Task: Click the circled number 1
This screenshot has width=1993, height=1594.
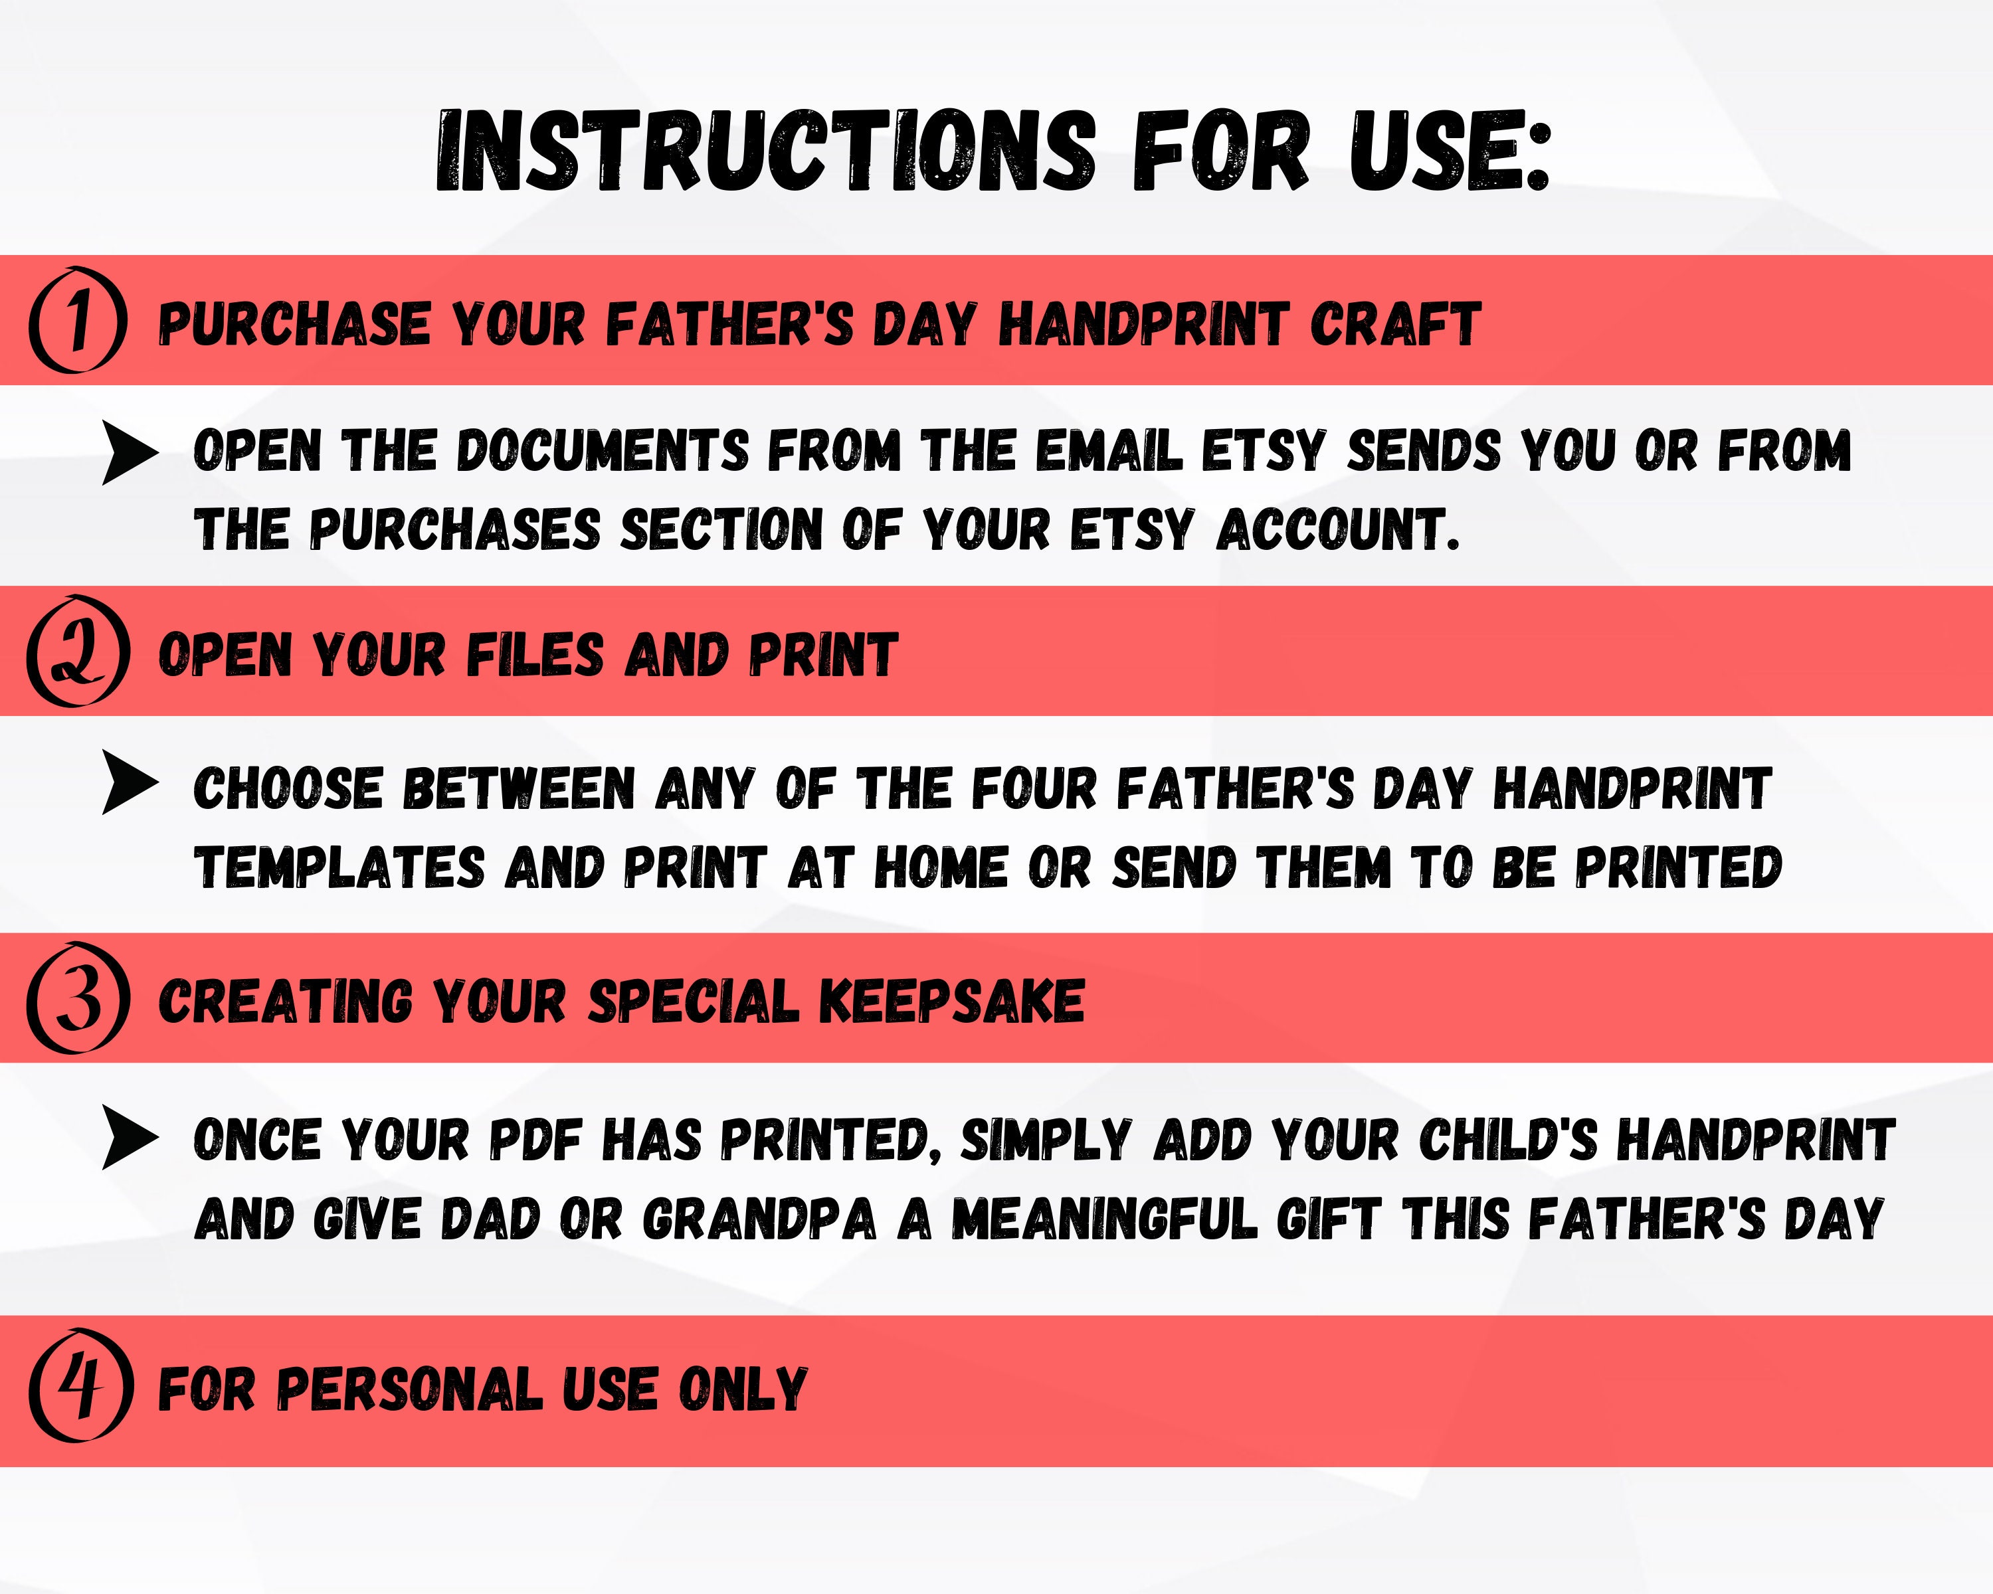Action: (x=78, y=321)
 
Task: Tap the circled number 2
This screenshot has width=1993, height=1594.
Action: (x=78, y=652)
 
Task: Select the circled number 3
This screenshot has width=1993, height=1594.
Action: (x=78, y=1000)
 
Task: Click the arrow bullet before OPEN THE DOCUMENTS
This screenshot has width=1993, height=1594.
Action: (x=130, y=453)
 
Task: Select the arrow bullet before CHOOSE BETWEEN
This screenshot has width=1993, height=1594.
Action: (x=130, y=782)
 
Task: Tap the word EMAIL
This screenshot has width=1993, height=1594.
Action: (x=1108, y=452)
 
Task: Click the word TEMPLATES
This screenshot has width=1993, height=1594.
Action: (x=339, y=869)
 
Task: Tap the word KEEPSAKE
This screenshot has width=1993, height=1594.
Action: (x=952, y=1002)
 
